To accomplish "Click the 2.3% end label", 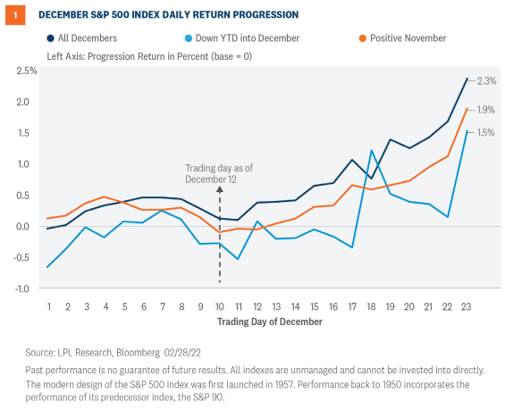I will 488,80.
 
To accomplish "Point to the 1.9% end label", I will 488,110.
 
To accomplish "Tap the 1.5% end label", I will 488,132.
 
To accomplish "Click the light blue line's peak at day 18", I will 371,150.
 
